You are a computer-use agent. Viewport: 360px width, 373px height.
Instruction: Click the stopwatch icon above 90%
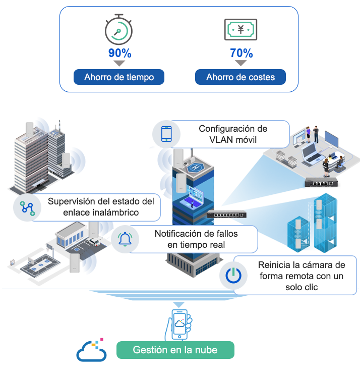(x=118, y=29)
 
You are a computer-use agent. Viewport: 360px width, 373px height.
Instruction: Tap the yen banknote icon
(x=241, y=29)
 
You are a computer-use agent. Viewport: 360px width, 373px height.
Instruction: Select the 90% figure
(x=120, y=53)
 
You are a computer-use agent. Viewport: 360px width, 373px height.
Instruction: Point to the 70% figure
(x=241, y=53)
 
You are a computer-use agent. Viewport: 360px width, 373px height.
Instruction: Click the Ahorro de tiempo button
(x=119, y=77)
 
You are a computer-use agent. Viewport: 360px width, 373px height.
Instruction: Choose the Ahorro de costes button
(x=241, y=77)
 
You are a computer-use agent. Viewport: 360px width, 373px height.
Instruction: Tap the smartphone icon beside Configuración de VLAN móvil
(x=166, y=134)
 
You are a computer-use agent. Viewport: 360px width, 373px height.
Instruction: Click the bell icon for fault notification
(x=125, y=239)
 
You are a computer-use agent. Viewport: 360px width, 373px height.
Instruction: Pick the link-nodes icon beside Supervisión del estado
(x=27, y=208)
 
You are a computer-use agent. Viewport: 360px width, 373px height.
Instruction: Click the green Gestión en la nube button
(x=175, y=350)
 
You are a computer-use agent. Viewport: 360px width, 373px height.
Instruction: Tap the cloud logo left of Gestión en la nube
(x=91, y=350)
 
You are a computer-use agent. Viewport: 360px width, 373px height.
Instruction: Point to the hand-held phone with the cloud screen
(x=179, y=325)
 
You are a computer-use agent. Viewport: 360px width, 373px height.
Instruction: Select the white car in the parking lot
(x=94, y=242)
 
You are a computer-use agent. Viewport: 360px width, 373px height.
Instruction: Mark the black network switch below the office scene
(x=321, y=182)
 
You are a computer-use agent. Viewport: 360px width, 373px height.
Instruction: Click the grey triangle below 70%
(x=241, y=63)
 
